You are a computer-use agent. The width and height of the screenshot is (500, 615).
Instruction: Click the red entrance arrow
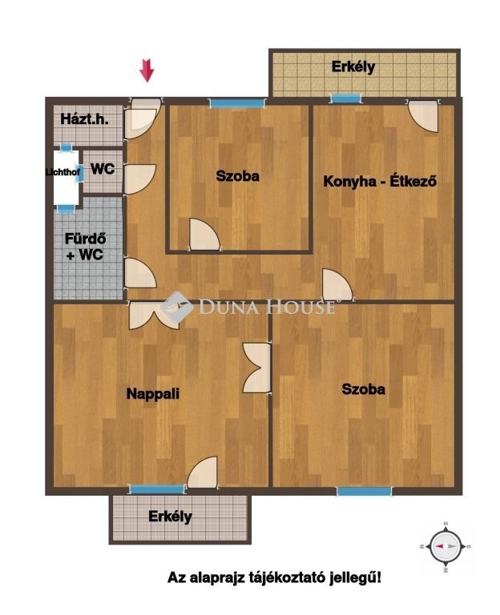[x=147, y=70]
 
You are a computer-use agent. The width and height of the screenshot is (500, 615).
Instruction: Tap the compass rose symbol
[x=446, y=546]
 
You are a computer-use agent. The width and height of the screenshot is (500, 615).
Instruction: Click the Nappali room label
[x=153, y=393]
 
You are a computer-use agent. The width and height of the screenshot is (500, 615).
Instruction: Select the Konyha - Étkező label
[x=380, y=181]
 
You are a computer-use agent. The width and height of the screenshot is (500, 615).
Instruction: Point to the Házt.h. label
[x=84, y=119]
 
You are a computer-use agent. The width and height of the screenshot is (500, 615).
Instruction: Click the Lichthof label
[x=62, y=172]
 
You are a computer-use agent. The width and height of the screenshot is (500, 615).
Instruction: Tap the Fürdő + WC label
[x=85, y=247]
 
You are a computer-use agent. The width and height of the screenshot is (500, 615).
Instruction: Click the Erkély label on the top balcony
[x=353, y=66]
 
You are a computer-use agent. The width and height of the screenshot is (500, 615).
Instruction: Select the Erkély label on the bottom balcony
[x=170, y=517]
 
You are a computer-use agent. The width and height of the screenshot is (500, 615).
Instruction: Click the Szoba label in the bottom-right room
[x=364, y=389]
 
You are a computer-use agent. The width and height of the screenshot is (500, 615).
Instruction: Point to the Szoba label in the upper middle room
[x=237, y=175]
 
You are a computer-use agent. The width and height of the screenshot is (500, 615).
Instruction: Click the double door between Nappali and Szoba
[x=256, y=368]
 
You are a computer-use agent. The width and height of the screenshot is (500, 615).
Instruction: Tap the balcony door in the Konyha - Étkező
[x=423, y=116]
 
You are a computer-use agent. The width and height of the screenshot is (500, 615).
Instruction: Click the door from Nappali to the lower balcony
[x=202, y=472]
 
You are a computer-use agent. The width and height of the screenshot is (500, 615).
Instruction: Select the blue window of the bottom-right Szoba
[x=365, y=491]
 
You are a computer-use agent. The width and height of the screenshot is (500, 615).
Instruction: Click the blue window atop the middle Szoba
[x=236, y=103]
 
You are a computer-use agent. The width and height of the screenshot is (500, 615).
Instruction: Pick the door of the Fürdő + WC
[x=140, y=273]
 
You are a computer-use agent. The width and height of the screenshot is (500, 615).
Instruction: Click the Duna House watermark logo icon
[x=177, y=307]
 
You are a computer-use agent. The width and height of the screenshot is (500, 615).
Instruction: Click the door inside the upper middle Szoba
[x=204, y=234]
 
